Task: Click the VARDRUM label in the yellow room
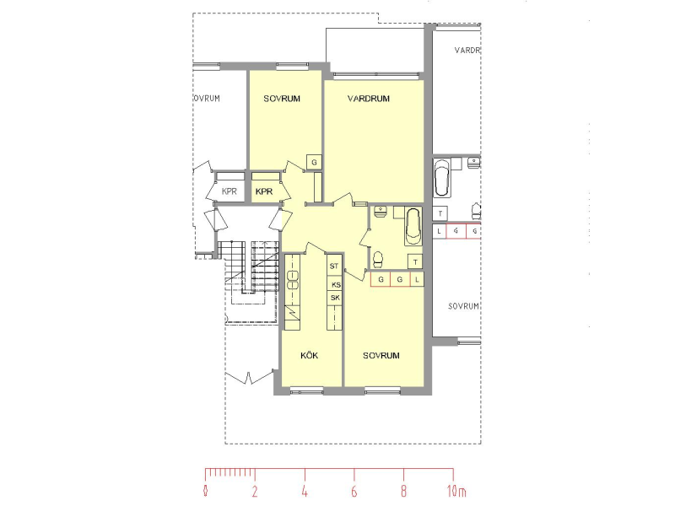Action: point(369,99)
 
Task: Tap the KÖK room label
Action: point(309,355)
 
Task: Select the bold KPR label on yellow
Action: point(264,191)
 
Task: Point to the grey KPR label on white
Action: point(229,191)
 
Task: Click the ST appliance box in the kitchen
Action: point(334,266)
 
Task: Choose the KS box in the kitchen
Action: point(335,284)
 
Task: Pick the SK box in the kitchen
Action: point(335,298)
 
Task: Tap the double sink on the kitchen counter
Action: point(293,280)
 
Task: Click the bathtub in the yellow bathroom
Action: point(413,227)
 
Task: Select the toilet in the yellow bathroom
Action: point(378,259)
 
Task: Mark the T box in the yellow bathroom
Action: point(415,261)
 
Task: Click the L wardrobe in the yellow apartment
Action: point(417,280)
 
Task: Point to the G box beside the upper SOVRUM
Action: point(314,162)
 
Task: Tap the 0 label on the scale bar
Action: point(206,491)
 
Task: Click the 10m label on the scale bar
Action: point(456,491)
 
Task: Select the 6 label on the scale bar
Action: point(354,491)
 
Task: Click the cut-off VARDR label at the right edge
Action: point(467,51)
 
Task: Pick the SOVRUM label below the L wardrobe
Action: point(381,355)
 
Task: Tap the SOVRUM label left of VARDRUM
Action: point(282,99)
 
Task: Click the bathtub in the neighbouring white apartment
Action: point(441,178)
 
